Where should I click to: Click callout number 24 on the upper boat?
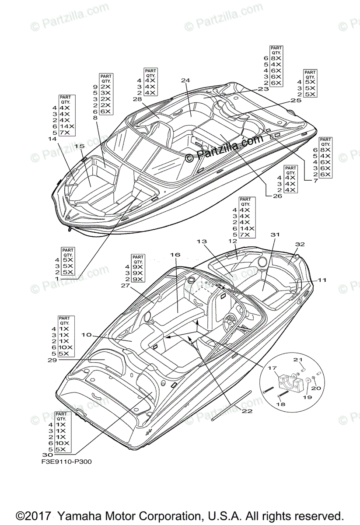point(185,80)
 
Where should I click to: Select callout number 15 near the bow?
point(79,146)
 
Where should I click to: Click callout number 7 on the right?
point(315,181)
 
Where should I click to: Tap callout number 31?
point(275,235)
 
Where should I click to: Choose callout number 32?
point(300,244)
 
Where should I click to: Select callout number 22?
point(247,411)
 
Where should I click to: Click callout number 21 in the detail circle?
point(298,360)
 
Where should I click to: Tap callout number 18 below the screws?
point(281,404)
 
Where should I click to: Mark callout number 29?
point(52,360)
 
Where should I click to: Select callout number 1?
point(56,278)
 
